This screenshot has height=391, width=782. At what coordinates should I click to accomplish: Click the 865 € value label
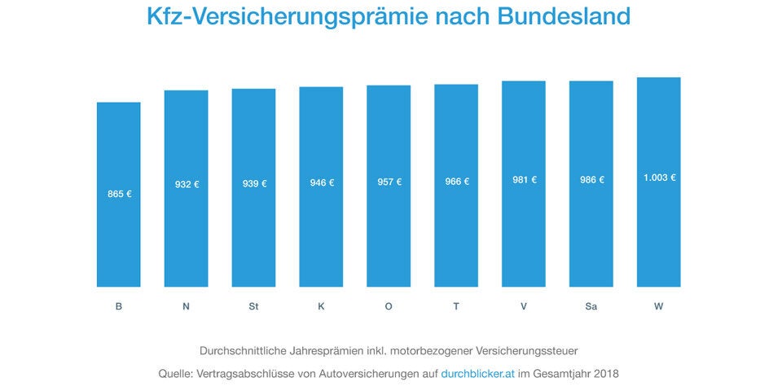pyautogui.click(x=119, y=194)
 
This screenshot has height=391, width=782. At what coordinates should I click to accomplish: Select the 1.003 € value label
pyautogui.click(x=659, y=178)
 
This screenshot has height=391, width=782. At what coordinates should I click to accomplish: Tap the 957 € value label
pyautogui.click(x=389, y=182)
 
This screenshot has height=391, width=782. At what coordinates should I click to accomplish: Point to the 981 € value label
pyautogui.click(x=524, y=180)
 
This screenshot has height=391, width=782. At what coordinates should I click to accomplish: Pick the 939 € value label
pyautogui.click(x=253, y=183)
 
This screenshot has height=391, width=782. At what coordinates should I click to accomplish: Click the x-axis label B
pyautogui.click(x=119, y=305)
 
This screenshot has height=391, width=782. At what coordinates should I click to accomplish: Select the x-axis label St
pyautogui.click(x=253, y=305)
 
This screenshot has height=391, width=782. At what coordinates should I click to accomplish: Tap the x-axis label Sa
pyautogui.click(x=591, y=305)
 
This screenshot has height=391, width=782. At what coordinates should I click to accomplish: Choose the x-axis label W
pyautogui.click(x=658, y=305)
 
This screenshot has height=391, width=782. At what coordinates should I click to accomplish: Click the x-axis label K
pyautogui.click(x=321, y=305)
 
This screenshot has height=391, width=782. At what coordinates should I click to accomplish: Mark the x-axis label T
pyautogui.click(x=456, y=305)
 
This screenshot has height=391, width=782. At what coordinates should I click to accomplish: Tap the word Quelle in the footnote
pyautogui.click(x=178, y=374)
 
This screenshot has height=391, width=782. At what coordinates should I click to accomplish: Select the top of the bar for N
pyautogui.click(x=186, y=91)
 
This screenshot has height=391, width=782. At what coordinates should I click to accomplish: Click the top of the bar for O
pyautogui.click(x=389, y=86)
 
